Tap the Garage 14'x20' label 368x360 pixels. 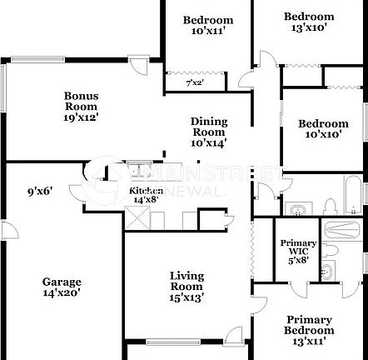[62, 287]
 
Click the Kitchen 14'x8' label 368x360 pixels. [147, 195]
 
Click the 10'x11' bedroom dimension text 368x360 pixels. [208, 31]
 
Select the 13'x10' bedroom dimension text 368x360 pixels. [309, 27]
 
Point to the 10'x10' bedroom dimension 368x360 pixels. [323, 134]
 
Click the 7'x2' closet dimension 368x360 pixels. [195, 82]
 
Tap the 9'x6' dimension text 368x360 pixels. [40, 192]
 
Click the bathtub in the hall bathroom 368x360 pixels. [353, 195]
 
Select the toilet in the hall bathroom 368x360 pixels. [331, 207]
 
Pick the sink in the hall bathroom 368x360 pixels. [298, 209]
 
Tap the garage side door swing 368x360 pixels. [11, 230]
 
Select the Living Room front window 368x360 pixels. [173, 342]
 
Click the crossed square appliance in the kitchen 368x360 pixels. [137, 217]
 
